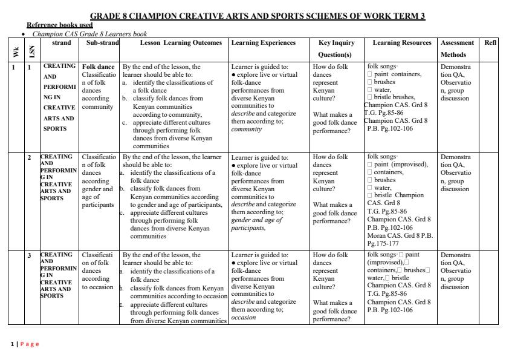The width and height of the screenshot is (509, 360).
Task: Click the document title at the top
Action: click(x=257, y=16)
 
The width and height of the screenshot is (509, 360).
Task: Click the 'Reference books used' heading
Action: click(x=59, y=25)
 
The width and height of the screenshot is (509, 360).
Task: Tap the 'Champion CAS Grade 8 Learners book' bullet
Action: click(x=89, y=34)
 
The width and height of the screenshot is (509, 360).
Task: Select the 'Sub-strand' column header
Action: click(x=102, y=43)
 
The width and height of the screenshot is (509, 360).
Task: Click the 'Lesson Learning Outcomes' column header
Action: click(x=174, y=43)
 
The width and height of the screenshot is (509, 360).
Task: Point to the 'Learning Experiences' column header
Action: click(x=263, y=43)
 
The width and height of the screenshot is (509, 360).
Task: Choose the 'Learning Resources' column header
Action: click(x=402, y=43)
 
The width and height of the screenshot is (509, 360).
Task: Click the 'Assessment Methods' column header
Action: click(x=457, y=48)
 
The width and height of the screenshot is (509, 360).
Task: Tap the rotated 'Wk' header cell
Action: click(x=15, y=52)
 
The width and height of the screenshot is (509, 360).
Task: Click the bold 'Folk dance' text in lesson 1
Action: click(x=98, y=67)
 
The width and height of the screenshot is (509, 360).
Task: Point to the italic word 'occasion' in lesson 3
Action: click(x=244, y=317)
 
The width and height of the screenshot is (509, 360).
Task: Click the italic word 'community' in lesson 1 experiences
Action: click(x=246, y=129)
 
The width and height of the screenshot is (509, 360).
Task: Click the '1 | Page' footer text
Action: click(x=25, y=344)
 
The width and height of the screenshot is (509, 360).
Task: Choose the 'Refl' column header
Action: click(x=490, y=43)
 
